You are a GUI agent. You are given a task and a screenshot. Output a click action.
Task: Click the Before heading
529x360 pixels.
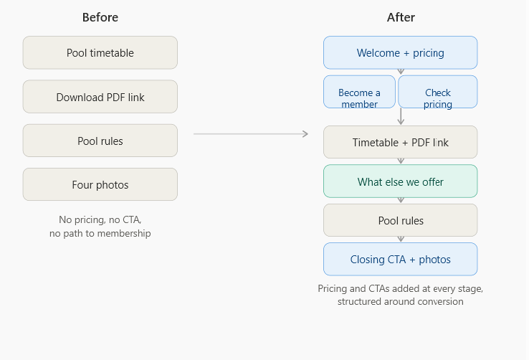point(100,17)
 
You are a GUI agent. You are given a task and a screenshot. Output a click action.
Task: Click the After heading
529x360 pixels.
point(401,17)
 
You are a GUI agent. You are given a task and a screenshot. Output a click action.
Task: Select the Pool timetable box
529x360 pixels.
point(100,52)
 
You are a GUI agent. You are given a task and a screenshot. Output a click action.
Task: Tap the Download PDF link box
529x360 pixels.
point(100,97)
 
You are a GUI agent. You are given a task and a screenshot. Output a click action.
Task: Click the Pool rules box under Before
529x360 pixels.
point(100,141)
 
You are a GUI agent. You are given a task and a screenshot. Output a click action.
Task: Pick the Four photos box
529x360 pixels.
point(100,184)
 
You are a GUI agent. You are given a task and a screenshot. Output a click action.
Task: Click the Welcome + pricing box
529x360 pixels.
point(401,52)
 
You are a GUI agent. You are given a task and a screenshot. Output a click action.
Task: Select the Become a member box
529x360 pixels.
point(359,92)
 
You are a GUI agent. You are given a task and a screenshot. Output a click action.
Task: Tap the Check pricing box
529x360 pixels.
point(438,92)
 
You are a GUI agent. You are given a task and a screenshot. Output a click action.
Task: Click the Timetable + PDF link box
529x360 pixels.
point(401,142)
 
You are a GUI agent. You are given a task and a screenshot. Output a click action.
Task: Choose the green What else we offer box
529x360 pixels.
point(401,181)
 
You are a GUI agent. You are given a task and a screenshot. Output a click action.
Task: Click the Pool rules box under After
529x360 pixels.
point(401,220)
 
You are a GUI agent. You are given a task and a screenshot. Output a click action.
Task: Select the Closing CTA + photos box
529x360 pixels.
point(401,259)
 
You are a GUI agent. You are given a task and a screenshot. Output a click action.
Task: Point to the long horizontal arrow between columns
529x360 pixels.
point(251,134)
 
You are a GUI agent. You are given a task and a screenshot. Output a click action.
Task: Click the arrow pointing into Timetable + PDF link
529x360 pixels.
point(401,116)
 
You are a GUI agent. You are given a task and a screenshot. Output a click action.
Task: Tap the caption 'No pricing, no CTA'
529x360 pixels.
point(100,219)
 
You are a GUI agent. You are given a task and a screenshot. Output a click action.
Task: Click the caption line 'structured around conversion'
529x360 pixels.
point(401,301)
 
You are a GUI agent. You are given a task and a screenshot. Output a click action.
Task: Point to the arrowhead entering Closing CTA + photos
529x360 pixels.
point(401,240)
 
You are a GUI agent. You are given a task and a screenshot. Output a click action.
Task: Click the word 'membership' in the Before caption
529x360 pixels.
point(124,234)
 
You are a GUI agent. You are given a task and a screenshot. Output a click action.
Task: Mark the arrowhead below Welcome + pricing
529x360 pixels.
point(401,72)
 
